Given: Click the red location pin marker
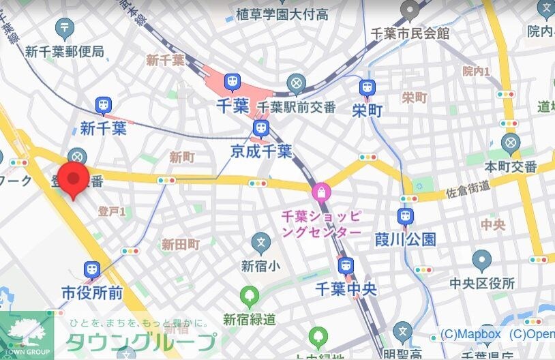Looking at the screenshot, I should (73, 179).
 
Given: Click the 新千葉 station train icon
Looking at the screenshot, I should (104, 106).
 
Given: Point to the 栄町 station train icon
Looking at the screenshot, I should (367, 87).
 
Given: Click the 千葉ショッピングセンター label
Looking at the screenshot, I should (321, 224).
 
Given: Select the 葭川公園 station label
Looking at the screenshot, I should (405, 239).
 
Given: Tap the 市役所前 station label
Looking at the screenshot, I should (92, 292).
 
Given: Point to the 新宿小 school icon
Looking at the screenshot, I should (260, 241).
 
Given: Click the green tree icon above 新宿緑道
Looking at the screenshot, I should (250, 297).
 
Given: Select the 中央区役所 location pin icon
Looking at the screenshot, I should (481, 260).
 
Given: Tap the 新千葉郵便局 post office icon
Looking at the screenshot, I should (65, 28).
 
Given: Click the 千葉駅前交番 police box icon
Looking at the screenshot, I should (296, 85).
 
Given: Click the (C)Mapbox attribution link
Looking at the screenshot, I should (470, 334).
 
